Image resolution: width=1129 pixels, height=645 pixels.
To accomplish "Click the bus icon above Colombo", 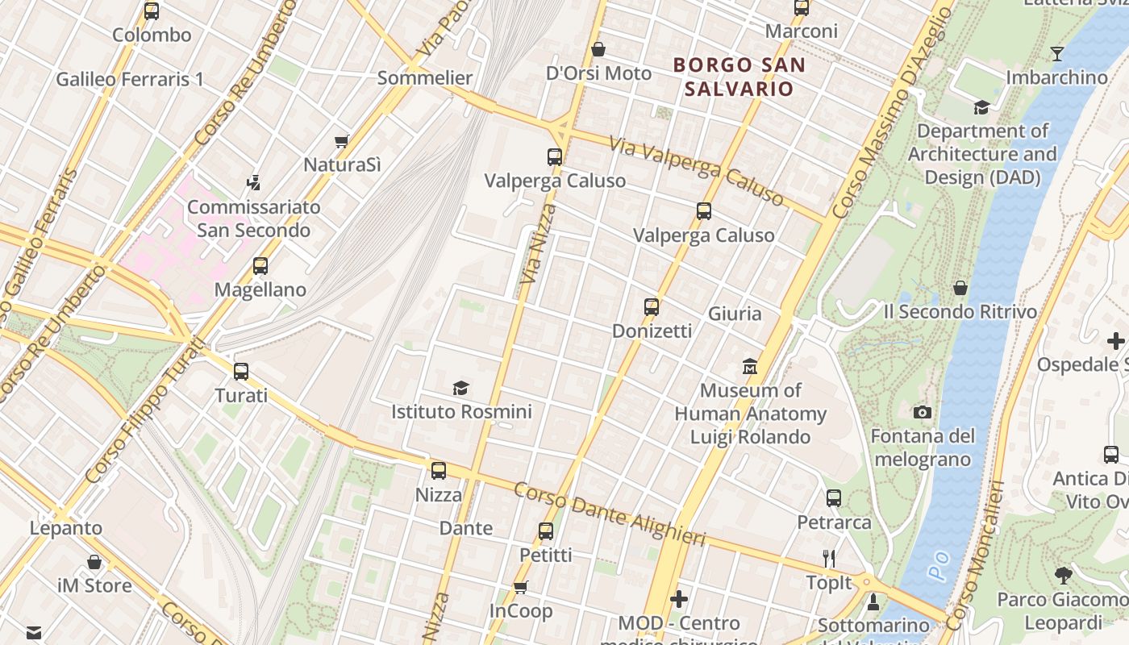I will click(152, 11).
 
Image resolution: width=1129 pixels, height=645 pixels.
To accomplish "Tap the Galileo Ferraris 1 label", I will click(130, 79).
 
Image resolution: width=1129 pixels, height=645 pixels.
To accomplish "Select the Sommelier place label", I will click(425, 78).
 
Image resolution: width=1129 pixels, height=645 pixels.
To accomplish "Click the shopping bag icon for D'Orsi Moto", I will click(598, 49).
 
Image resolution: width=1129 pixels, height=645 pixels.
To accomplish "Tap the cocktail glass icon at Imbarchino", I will click(1056, 54).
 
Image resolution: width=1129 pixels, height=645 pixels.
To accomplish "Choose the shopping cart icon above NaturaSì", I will click(342, 141).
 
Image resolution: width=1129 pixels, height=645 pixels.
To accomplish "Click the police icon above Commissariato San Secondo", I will click(254, 183).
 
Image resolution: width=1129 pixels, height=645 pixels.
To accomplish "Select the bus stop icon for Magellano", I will click(260, 266).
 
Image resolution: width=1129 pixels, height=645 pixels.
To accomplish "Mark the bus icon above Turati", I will click(241, 372).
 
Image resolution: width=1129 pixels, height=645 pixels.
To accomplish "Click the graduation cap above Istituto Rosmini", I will click(460, 388).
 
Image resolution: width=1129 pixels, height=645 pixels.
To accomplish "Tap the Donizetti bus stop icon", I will click(652, 307).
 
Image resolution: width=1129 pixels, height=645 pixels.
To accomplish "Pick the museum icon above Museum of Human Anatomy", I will click(751, 367).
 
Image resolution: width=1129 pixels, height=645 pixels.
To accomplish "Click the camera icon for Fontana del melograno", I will click(923, 413).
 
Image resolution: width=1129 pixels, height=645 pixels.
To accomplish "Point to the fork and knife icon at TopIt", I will click(829, 558).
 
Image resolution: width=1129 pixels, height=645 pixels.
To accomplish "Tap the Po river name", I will click(937, 564).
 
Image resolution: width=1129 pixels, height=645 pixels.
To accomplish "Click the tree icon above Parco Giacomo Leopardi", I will click(1063, 576).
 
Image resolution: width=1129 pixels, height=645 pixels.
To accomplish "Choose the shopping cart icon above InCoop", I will click(521, 587).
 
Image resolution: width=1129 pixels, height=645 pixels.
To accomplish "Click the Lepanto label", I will click(66, 529).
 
